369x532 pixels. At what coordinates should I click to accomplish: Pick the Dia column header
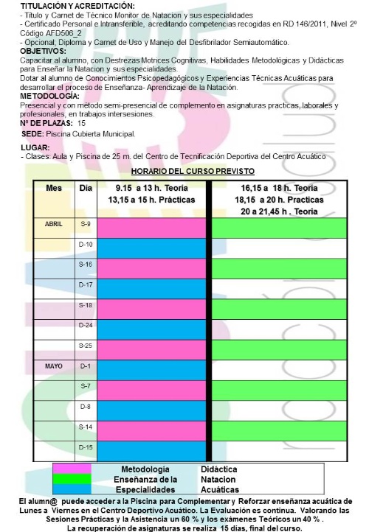pyautogui.click(x=85, y=188)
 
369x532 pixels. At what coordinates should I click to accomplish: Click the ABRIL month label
pyautogui.click(x=53, y=223)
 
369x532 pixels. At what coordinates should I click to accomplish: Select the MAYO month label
pyautogui.click(x=53, y=365)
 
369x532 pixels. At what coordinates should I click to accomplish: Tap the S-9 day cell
pyautogui.click(x=85, y=223)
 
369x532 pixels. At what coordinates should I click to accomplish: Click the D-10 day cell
pyautogui.click(x=85, y=243)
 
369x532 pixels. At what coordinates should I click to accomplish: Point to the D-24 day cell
pyautogui.click(x=85, y=325)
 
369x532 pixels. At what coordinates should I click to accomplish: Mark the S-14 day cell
pyautogui.click(x=85, y=427)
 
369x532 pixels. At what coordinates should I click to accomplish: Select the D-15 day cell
pyautogui.click(x=85, y=447)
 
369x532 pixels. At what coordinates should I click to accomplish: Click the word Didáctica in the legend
pyautogui.click(x=218, y=469)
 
